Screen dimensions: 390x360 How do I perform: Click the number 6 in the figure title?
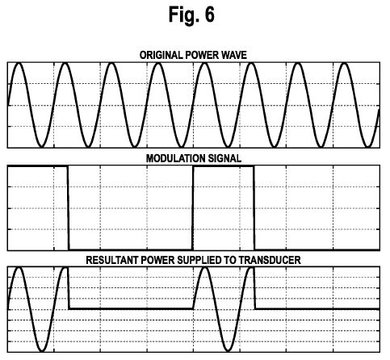(210, 15)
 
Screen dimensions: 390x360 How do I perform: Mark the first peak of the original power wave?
(19, 64)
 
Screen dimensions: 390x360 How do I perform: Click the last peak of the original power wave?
(345, 64)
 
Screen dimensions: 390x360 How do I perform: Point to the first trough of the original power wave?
(41, 147)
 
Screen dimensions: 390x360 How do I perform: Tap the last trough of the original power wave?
(367, 147)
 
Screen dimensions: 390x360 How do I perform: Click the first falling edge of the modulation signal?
(68, 208)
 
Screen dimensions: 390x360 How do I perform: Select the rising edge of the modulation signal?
(193, 208)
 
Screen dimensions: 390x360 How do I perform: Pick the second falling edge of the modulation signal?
(254, 208)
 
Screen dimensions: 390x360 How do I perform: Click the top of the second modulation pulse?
(224, 167)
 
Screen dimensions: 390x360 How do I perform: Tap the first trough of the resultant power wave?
(42, 350)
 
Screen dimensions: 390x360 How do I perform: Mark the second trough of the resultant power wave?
(228, 350)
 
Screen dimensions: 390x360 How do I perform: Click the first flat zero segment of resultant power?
(131, 308)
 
